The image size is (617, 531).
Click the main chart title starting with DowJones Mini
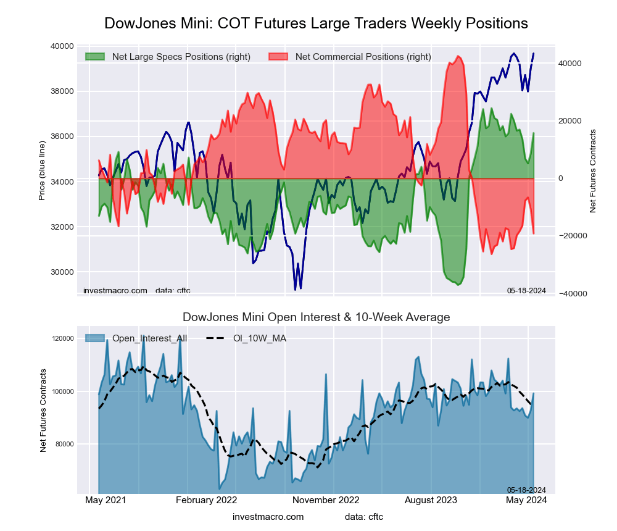(316, 23)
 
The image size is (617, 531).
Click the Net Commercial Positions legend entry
(363, 57)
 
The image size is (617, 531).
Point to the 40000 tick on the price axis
(62, 46)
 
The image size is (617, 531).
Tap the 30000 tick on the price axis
(62, 272)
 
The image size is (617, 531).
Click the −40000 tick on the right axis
(571, 293)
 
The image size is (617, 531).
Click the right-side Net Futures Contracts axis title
(593, 171)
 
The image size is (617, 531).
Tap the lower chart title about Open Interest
(316, 317)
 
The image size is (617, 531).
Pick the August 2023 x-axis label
(434, 500)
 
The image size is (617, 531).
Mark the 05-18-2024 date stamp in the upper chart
(526, 290)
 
